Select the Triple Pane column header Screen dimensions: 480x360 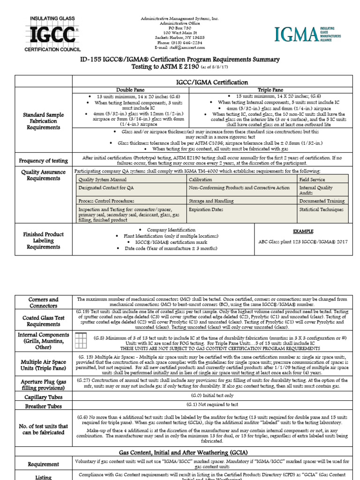271,89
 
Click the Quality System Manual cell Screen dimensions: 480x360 99,180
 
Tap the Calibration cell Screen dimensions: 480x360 200,180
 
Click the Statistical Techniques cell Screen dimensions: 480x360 322,210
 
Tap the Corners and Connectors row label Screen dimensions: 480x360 43,303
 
